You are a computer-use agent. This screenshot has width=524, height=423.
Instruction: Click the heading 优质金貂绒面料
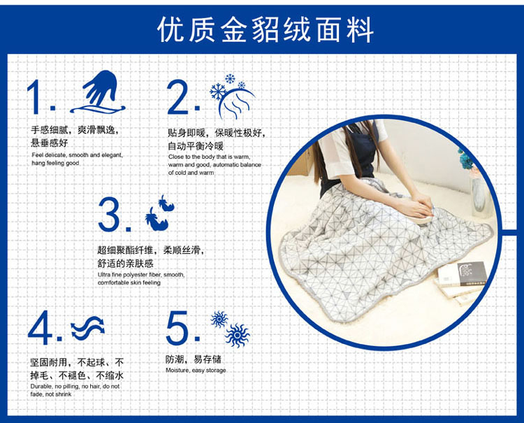tap(265, 30)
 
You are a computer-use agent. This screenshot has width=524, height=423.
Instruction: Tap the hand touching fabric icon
tap(98, 92)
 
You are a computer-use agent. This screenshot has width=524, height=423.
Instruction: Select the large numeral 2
tap(179, 96)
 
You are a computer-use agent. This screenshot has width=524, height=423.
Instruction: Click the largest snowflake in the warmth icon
tap(218, 92)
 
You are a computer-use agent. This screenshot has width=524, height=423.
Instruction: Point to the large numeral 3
tap(109, 214)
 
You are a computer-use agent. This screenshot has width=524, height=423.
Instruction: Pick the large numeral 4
tap(41, 328)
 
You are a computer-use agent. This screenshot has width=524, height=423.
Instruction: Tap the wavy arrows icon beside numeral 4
tap(88, 328)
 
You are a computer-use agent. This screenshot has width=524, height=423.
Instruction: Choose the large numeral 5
tap(177, 328)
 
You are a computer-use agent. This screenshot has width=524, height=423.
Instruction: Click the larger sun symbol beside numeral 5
tap(238, 336)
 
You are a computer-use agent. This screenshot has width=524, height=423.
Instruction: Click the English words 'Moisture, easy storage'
tap(196, 371)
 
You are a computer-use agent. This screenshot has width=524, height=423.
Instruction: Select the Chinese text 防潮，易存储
tap(194, 359)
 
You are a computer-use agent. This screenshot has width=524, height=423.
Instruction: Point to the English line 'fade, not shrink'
tap(51, 394)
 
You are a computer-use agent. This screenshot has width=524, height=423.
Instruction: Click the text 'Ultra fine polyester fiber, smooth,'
tap(141, 275)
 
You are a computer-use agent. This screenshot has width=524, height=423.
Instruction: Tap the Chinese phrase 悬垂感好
tap(50, 143)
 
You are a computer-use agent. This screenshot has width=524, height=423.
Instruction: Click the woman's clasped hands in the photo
tap(420, 207)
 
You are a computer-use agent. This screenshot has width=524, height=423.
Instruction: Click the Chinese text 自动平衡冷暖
tap(196, 146)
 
